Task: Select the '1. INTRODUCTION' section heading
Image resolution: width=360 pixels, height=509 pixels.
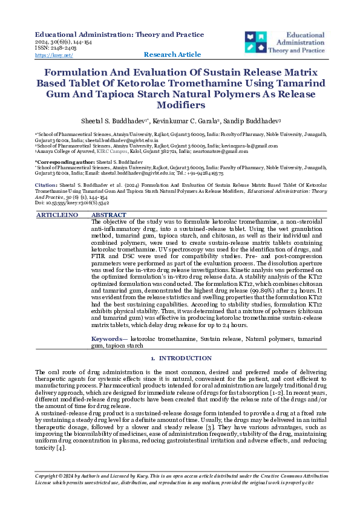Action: tap(179, 359)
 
